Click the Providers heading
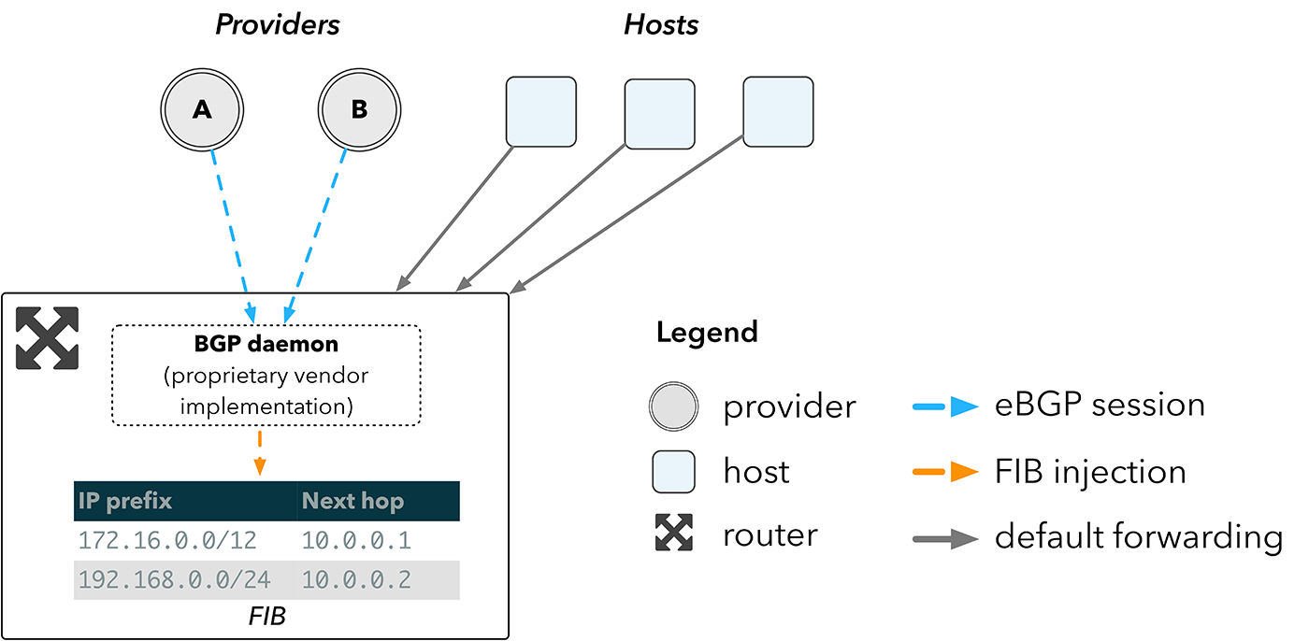[x=278, y=25]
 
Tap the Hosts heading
[x=661, y=25]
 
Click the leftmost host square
[x=541, y=112]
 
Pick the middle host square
[x=659, y=114]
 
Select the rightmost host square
[x=778, y=111]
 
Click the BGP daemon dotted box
[x=266, y=376]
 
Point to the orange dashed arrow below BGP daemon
[x=260, y=452]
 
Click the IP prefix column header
[x=126, y=501]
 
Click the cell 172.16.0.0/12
[x=167, y=540]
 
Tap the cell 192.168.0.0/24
[x=175, y=580]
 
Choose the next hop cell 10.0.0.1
[x=356, y=540]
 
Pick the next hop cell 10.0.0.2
[x=356, y=580]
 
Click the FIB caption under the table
[x=266, y=616]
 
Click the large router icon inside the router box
[x=48, y=337]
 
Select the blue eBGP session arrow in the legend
[x=944, y=406]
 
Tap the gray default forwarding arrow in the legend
[x=944, y=538]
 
